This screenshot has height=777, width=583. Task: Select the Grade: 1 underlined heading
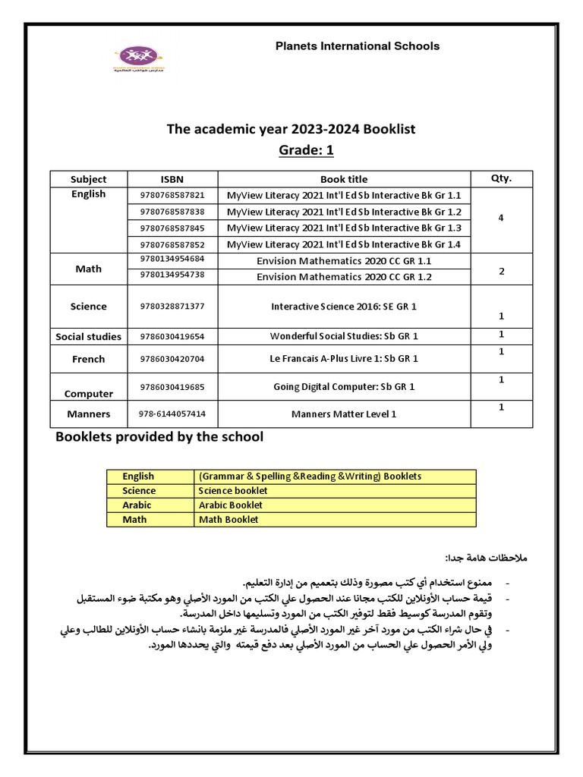tap(306, 150)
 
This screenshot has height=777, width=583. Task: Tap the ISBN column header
tap(172, 179)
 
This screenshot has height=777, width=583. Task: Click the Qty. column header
tap(502, 178)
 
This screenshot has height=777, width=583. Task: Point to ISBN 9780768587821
tap(172, 195)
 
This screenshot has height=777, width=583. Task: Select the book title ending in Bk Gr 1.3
tap(344, 228)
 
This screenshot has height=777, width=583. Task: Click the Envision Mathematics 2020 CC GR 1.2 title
tap(344, 276)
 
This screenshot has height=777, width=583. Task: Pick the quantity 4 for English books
tap(501, 218)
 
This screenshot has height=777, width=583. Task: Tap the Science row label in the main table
tap(89, 307)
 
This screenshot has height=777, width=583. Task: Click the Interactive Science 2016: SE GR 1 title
tap(344, 307)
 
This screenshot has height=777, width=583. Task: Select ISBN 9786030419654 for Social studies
tap(172, 335)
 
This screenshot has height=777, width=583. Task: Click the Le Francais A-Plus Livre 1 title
tap(344, 358)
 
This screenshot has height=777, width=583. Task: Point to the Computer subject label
tap(89, 394)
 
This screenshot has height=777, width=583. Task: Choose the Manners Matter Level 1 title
tap(344, 414)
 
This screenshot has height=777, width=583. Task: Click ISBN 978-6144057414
tap(172, 414)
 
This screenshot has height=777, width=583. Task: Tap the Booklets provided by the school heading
tap(159, 437)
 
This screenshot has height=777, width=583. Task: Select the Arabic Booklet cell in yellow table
tap(231, 505)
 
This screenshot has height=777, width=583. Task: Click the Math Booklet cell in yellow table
tap(228, 519)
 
